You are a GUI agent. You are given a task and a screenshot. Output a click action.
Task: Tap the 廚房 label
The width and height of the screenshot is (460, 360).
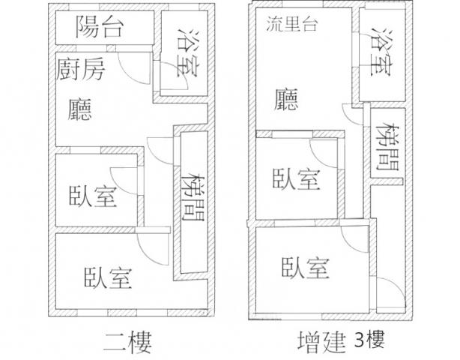tap(80, 70)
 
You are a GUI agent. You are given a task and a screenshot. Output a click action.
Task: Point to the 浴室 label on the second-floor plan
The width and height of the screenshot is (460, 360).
tap(187, 54)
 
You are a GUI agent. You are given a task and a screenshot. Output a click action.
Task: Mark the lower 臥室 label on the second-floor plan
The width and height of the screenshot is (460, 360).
tap(108, 277)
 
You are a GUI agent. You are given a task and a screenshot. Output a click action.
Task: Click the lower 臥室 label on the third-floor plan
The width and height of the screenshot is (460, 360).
tap(305, 266)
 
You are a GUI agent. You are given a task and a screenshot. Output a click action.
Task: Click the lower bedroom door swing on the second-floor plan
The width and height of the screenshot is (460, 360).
tap(149, 247)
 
